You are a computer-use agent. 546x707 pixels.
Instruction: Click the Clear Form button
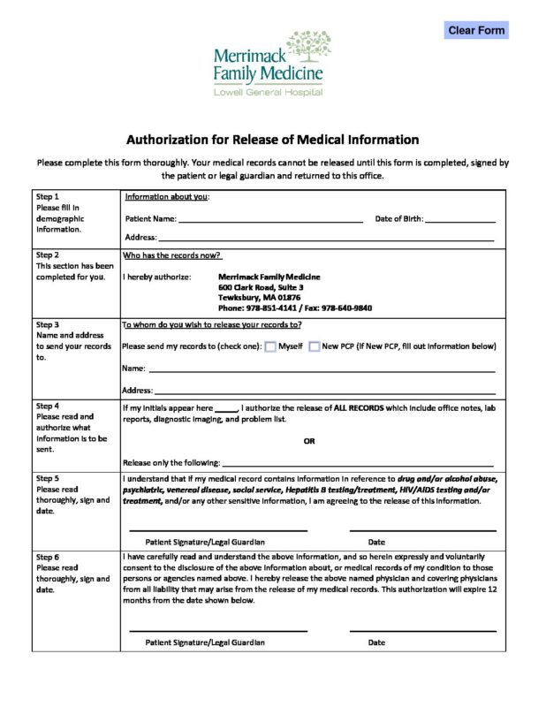tap(476, 30)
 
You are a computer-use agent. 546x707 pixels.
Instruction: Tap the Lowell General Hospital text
tap(268, 92)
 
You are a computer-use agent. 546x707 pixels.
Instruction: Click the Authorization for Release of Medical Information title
tap(272, 140)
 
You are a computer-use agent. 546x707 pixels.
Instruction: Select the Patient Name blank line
tap(269, 218)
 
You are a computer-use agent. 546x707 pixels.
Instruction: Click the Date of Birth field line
tap(460, 218)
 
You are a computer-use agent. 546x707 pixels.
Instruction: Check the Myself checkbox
tap(271, 346)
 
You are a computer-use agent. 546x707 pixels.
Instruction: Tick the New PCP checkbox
tap(314, 346)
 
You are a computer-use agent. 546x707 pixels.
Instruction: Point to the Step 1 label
tap(48, 196)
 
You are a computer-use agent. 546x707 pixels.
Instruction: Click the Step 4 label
tap(48, 407)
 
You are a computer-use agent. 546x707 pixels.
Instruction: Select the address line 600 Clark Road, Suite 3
tap(261, 287)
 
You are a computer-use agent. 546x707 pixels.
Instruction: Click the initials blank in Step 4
tap(226, 408)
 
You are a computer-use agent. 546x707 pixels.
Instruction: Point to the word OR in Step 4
tap(309, 440)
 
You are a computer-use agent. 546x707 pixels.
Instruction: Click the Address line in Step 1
tap(325, 238)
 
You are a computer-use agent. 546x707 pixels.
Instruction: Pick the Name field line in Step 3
tap(322, 369)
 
